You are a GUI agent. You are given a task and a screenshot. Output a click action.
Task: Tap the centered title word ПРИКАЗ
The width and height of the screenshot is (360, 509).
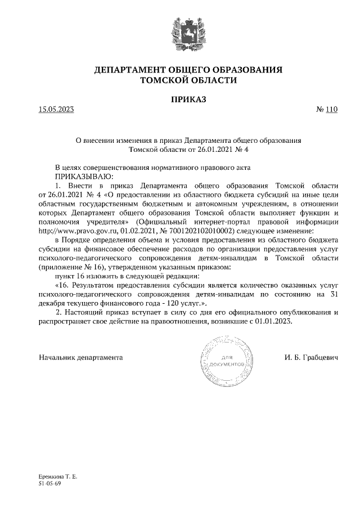click(180, 100)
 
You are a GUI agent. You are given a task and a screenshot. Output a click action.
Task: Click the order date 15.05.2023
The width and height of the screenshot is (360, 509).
click(56, 110)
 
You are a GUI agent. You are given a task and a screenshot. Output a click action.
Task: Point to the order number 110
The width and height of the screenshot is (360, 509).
click(331, 110)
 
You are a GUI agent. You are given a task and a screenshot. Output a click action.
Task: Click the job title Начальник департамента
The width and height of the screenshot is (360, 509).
click(80, 358)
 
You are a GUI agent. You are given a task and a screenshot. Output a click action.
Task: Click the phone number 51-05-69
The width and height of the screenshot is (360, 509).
click(50, 483)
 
